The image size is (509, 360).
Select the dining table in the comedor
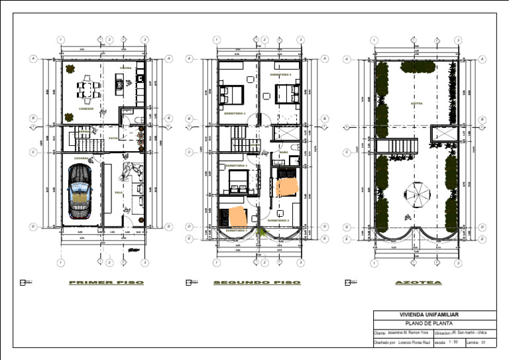[x=85, y=88]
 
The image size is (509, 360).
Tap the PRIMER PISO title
[x=106, y=283]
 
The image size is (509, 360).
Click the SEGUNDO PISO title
[x=256, y=283]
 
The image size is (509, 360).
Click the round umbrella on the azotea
[x=418, y=194]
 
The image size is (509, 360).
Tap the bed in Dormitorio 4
[x=233, y=94]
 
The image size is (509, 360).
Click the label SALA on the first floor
[x=119, y=193]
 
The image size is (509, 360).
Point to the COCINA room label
[x=125, y=68]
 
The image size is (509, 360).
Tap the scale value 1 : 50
[x=454, y=342]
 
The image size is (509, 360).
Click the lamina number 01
[x=484, y=342]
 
